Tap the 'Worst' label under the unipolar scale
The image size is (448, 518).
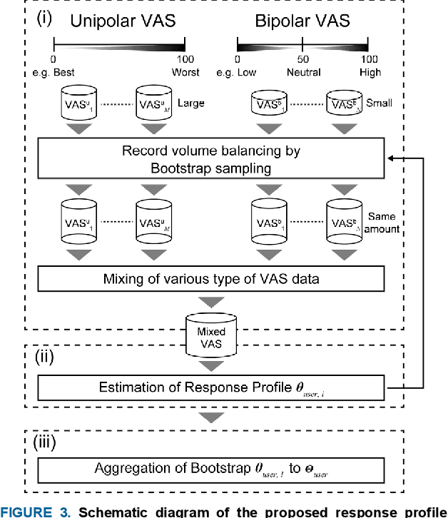click(x=185, y=73)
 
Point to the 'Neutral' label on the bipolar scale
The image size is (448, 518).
click(x=304, y=73)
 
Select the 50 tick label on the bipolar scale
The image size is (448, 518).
click(x=303, y=60)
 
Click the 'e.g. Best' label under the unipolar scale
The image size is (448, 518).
click(x=54, y=73)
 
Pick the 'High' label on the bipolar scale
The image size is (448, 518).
click(x=370, y=73)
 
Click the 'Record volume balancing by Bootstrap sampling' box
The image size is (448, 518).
click(x=210, y=160)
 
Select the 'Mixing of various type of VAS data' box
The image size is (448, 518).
click(x=210, y=278)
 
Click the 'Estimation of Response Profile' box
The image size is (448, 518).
click(x=210, y=389)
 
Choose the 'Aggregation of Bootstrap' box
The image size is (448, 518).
click(x=210, y=469)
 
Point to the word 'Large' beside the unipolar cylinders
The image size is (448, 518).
click(x=190, y=104)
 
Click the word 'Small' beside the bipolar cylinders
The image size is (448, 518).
click(x=379, y=104)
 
